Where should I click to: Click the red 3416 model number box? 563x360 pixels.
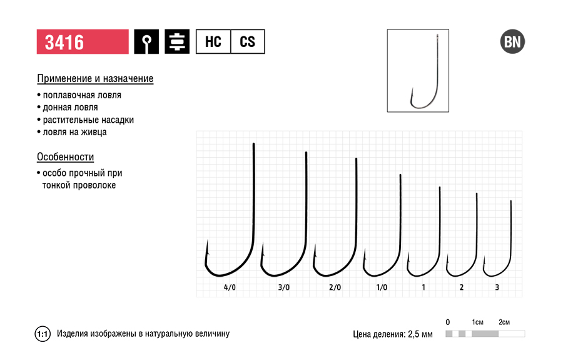(x=83, y=42)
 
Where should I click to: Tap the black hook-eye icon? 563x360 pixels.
(x=146, y=42)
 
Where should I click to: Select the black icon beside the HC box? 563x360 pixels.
(x=177, y=42)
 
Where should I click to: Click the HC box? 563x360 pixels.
(x=213, y=42)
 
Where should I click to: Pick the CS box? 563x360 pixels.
(x=247, y=42)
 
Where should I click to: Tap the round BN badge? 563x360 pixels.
(x=512, y=42)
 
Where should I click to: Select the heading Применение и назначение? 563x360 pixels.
(x=95, y=79)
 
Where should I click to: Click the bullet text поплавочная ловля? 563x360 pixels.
(x=82, y=95)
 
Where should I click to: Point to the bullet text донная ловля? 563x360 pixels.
(x=70, y=108)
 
